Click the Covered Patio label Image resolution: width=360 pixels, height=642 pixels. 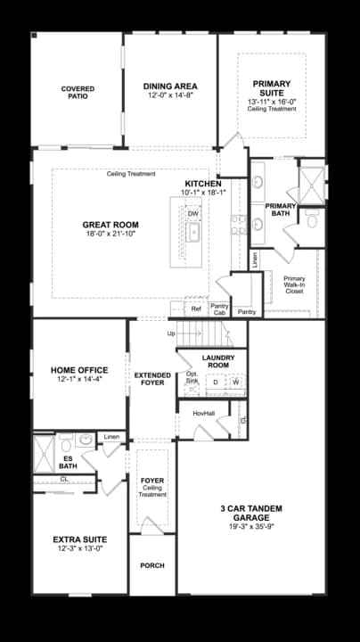[x=78, y=93]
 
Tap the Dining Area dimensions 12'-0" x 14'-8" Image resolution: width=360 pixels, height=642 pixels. [x=170, y=95]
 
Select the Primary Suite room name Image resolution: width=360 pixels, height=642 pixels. [x=272, y=88]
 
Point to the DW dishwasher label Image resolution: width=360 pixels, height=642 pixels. [x=193, y=214]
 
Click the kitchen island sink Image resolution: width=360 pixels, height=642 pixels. [x=193, y=233]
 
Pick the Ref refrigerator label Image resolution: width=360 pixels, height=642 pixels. [x=196, y=309]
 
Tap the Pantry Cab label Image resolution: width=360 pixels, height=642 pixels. [x=219, y=309]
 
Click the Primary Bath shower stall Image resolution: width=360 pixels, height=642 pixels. [x=312, y=185]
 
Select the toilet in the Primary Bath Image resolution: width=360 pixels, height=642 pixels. [x=312, y=221]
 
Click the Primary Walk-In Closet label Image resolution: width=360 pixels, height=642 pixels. [x=295, y=285]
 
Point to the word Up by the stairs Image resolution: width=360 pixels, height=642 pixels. [x=171, y=333]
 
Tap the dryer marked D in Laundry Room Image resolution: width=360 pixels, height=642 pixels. [x=215, y=382]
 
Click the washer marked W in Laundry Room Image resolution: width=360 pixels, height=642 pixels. [x=236, y=382]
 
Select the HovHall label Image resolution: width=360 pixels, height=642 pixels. [x=204, y=414]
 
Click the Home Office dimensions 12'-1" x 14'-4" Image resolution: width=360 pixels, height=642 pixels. [x=79, y=379]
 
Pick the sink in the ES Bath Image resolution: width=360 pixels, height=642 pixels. [x=85, y=440]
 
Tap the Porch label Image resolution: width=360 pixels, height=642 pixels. [x=152, y=565]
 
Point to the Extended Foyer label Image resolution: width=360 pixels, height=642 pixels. [x=152, y=379]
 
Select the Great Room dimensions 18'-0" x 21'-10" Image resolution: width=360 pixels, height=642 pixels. [x=110, y=234]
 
